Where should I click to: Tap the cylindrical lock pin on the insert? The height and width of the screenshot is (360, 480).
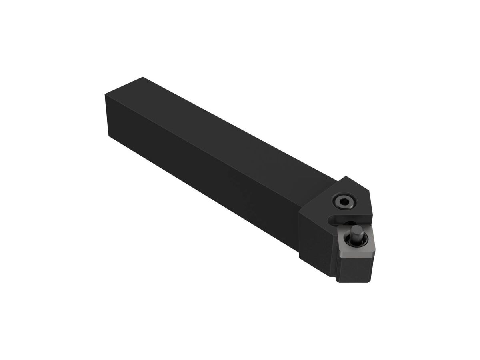click(355, 231)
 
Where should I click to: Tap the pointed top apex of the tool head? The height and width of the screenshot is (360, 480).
click(346, 177)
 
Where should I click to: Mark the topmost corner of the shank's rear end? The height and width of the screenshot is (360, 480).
click(143, 78)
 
